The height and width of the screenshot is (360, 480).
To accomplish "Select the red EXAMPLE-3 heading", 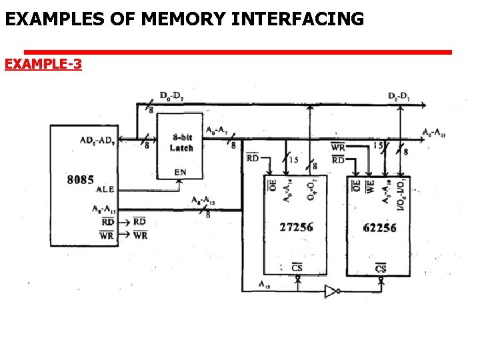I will [x=43, y=64].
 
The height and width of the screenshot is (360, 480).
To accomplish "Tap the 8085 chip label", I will [x=80, y=180].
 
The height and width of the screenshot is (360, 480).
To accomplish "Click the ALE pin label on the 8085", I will [x=105, y=189].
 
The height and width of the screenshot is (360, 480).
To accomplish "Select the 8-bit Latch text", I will [x=181, y=143].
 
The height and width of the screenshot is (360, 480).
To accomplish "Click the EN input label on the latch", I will [x=180, y=172].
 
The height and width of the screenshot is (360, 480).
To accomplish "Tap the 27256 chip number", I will [x=296, y=227].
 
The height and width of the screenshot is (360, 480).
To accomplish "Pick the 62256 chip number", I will [x=379, y=228].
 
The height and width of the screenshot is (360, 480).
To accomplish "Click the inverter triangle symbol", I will [x=331, y=291].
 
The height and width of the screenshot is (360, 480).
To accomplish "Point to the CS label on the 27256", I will [x=297, y=268].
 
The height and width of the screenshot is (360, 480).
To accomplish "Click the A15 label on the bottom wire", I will [x=265, y=285].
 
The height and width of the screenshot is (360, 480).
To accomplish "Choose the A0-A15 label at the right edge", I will [x=433, y=133].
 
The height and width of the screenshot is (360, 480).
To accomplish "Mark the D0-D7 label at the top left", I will [x=172, y=96].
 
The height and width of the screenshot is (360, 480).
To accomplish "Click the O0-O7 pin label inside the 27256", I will [x=311, y=189].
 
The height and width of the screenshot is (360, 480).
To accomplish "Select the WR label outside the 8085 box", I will [x=140, y=235].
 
